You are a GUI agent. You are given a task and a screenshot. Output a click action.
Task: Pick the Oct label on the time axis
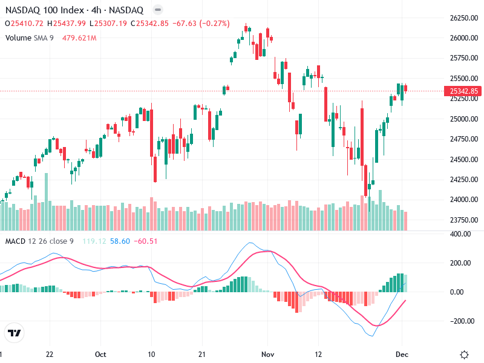click(x=101, y=354)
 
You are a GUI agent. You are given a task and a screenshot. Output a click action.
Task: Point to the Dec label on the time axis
click(x=403, y=354)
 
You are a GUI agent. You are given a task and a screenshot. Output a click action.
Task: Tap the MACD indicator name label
click(x=15, y=241)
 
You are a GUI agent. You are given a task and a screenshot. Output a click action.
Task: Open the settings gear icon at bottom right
click(x=465, y=354)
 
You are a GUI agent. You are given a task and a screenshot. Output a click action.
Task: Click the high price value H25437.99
click(x=68, y=24)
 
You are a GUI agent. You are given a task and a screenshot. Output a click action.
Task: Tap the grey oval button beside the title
click(x=157, y=10)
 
